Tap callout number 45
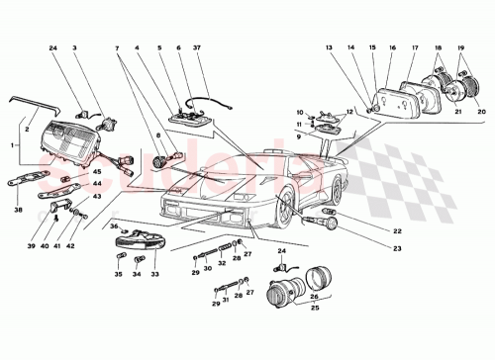pos(97,173)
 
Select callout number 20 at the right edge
pos(470,111)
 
